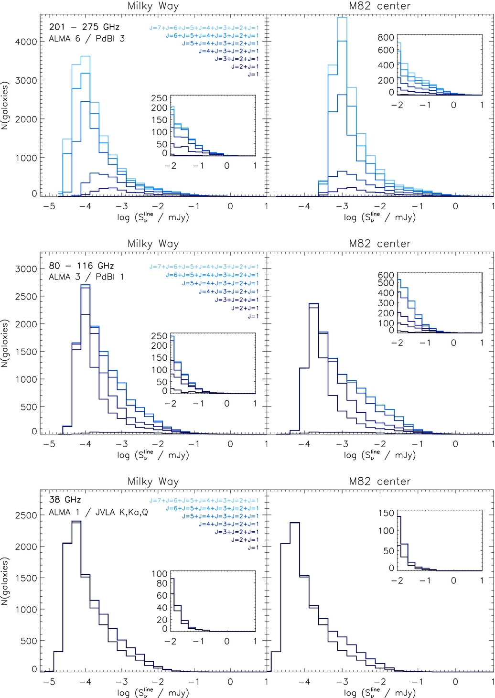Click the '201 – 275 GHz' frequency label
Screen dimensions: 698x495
point(84,27)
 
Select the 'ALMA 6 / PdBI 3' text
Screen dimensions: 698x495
point(86,39)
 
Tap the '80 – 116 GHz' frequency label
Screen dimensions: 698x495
point(81,266)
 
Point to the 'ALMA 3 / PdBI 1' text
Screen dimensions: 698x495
point(86,277)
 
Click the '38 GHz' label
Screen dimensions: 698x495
point(65,500)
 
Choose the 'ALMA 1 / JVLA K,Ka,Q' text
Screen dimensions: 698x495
point(98,512)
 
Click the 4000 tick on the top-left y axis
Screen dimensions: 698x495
point(26,42)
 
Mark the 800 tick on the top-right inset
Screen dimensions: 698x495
point(386,38)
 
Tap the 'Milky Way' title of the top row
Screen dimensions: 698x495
point(153,6)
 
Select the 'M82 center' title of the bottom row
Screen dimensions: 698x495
point(380,482)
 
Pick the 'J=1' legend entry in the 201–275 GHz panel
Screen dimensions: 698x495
point(253,75)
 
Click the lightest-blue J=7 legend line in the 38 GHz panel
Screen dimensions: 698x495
point(204,501)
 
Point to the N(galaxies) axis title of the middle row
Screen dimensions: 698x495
point(5,344)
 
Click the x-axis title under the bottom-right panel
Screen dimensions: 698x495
point(380,692)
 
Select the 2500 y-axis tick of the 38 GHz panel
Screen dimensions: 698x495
point(26,515)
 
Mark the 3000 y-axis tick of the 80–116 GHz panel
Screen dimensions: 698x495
point(26,269)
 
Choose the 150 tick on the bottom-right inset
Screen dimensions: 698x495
point(386,513)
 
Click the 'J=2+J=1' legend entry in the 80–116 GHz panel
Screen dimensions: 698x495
point(245,308)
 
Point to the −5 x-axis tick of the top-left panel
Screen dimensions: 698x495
point(49,206)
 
